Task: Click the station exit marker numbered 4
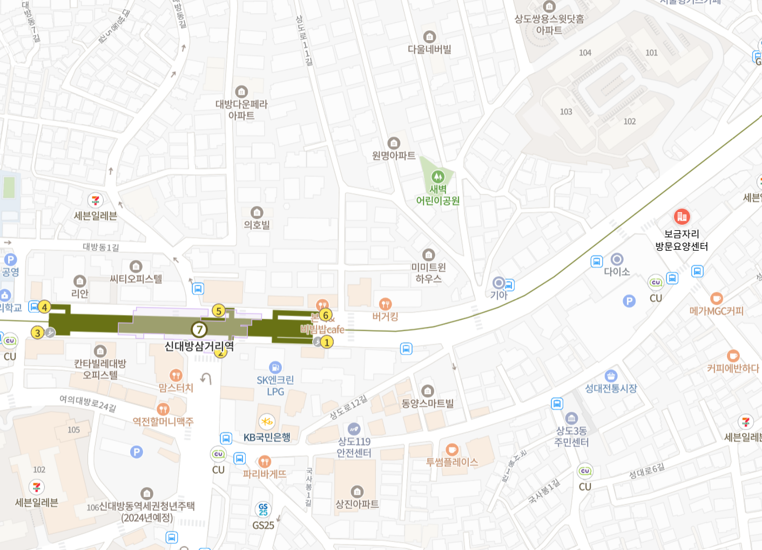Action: click(x=44, y=307)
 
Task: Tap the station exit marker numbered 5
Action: click(x=218, y=311)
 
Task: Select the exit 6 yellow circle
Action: click(x=325, y=315)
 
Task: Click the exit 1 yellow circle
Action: click(x=327, y=342)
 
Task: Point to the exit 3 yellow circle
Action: click(x=37, y=332)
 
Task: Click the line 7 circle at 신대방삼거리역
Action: click(x=199, y=329)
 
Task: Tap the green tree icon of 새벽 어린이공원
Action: click(x=438, y=177)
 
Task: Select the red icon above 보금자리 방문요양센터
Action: click(x=682, y=217)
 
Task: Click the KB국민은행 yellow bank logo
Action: click(x=267, y=421)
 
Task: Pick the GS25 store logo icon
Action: click(x=263, y=509)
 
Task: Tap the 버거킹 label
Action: click(x=385, y=317)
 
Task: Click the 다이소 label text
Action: click(x=617, y=272)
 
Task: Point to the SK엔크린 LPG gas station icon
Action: click(x=275, y=367)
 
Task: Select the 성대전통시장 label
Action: click(x=611, y=388)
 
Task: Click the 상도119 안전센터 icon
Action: click(x=354, y=429)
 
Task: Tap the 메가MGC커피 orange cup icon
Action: click(x=716, y=298)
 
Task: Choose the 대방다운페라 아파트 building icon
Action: click(x=241, y=92)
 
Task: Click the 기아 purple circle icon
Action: click(x=499, y=283)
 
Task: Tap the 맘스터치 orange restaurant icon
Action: click(x=176, y=375)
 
